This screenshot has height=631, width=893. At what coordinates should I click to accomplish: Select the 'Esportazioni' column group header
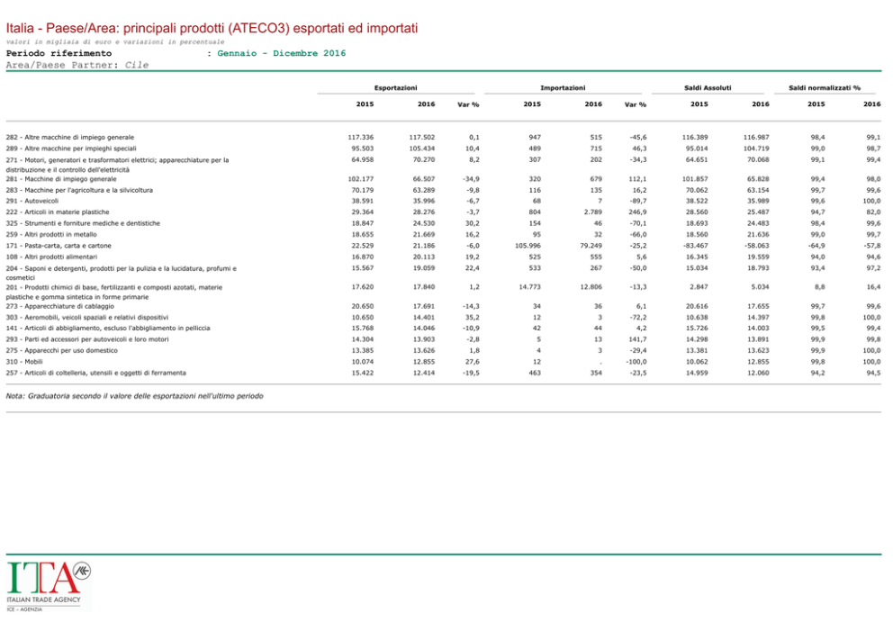(395, 87)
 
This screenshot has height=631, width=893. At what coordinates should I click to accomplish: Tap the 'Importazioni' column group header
(563, 87)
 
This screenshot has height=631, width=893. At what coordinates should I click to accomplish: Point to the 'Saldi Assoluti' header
(709, 87)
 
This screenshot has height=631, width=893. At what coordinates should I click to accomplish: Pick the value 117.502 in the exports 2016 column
(422, 137)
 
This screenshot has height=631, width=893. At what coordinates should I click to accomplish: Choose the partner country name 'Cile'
(137, 65)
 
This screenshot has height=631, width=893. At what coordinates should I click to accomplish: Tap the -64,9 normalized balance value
(816, 246)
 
